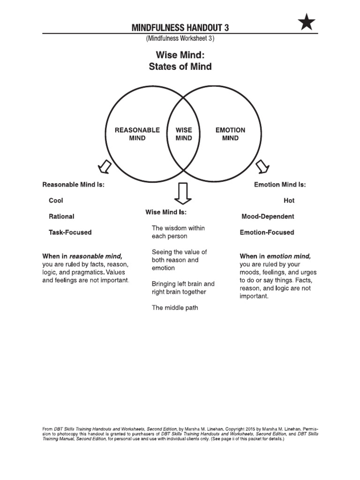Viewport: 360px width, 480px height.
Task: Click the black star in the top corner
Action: [x=307, y=22]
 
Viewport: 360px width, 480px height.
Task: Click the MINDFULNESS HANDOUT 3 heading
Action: [x=180, y=28]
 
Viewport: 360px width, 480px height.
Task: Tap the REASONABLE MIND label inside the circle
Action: [x=137, y=134]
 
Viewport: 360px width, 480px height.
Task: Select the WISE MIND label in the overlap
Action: [x=184, y=134]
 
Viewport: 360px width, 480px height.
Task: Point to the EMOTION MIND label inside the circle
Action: [x=230, y=134]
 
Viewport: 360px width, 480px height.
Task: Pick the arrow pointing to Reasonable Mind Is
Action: [x=104, y=166]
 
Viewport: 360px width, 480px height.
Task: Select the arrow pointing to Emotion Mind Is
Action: [x=262, y=166]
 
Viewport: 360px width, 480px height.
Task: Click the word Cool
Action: [x=56, y=201]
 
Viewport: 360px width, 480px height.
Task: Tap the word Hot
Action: [x=289, y=201]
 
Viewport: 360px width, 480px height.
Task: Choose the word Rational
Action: [x=61, y=217]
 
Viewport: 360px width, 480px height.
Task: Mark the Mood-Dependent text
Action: [x=268, y=217]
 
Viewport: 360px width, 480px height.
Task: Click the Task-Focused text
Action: [x=70, y=232]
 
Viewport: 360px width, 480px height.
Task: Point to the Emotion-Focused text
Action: [x=267, y=232]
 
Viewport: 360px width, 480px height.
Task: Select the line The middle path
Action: [x=175, y=308]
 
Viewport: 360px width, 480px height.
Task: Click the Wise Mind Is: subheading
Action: [x=166, y=212]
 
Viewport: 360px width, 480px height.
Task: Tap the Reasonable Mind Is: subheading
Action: [x=74, y=185]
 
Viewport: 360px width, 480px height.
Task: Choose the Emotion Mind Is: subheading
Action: [x=280, y=185]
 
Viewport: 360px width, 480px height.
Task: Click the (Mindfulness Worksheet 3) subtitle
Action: [x=180, y=38]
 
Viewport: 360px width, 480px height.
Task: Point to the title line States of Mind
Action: [x=180, y=67]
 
